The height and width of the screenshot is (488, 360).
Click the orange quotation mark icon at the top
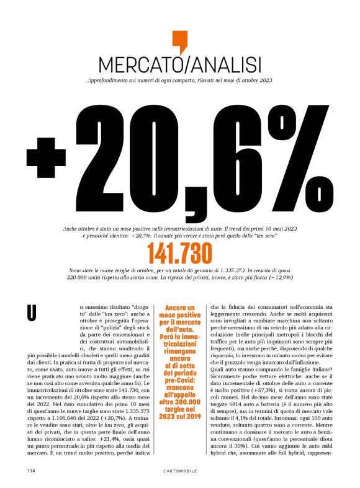point(179,42)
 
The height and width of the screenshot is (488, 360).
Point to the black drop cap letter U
point(29,313)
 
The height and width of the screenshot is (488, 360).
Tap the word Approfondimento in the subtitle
point(110,81)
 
